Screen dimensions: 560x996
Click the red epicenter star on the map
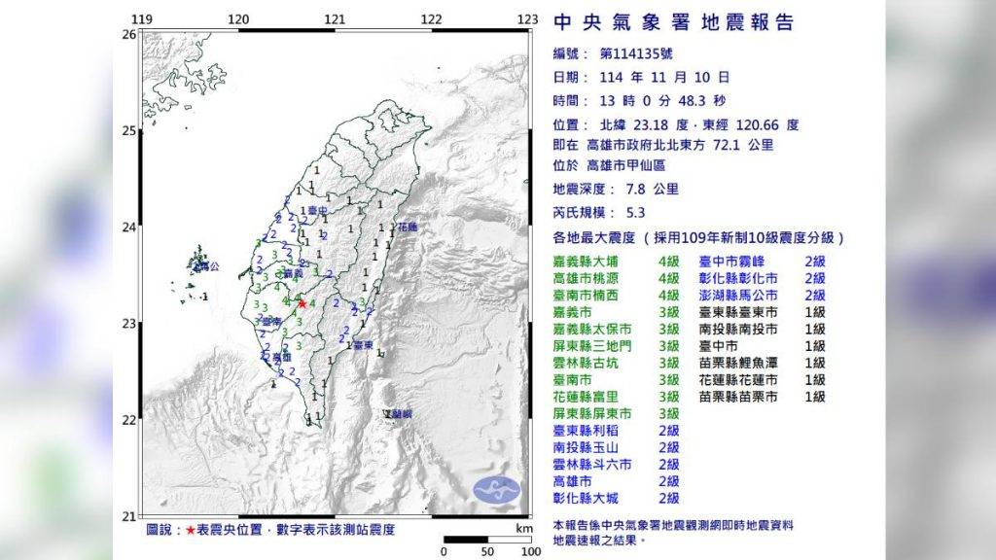coord(302,303)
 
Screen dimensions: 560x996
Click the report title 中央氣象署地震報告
coord(673,22)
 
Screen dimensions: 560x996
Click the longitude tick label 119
coord(142,19)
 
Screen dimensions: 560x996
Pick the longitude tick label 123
coord(527,19)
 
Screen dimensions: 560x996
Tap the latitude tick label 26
coord(128,34)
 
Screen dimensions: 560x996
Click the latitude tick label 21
coord(128,515)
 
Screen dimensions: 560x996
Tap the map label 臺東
coord(364,345)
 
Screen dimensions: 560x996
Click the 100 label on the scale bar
coord(529,552)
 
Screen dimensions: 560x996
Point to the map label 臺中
coord(314,210)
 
